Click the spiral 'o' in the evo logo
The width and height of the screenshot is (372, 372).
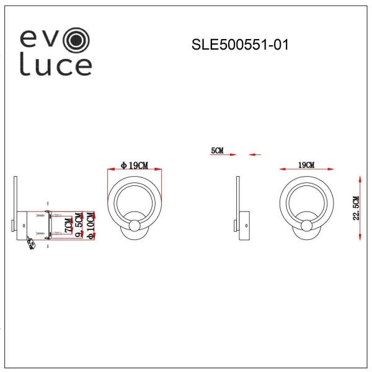[77, 40]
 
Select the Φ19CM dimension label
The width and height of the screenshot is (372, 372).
[135, 165]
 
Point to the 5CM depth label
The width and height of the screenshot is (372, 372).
[217, 151]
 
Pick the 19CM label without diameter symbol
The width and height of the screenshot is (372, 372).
[306, 164]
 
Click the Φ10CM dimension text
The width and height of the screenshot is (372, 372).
[91, 226]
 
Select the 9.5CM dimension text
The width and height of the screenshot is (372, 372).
[79, 226]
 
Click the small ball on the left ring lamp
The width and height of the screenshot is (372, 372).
[135, 225]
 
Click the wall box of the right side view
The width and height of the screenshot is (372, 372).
[244, 223]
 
